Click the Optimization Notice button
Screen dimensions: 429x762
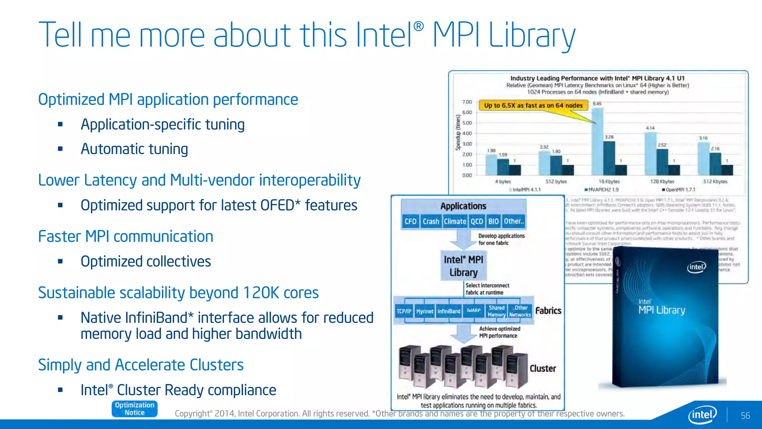point(134,409)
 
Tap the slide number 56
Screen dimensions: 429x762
point(745,416)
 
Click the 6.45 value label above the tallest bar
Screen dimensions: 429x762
point(597,104)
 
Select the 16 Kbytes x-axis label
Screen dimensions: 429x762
point(609,181)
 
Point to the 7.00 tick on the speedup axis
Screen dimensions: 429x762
point(467,102)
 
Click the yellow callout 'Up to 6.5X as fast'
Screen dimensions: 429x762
point(533,105)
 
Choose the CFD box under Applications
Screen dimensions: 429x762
point(410,221)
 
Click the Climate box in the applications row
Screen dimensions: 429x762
point(455,221)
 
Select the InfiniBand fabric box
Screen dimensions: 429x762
point(449,311)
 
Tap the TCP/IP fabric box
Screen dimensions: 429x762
point(404,311)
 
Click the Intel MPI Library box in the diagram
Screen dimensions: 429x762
point(463,266)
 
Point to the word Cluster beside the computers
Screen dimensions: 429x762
point(543,368)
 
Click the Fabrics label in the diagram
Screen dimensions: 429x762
point(548,311)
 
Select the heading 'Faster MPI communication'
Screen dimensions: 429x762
point(126,236)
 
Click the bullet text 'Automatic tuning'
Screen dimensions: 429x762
point(134,149)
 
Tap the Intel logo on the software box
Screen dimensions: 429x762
point(696,267)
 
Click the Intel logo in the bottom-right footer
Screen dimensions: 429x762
point(702,414)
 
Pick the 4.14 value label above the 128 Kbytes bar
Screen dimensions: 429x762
point(650,128)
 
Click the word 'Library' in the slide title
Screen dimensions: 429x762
point(532,35)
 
